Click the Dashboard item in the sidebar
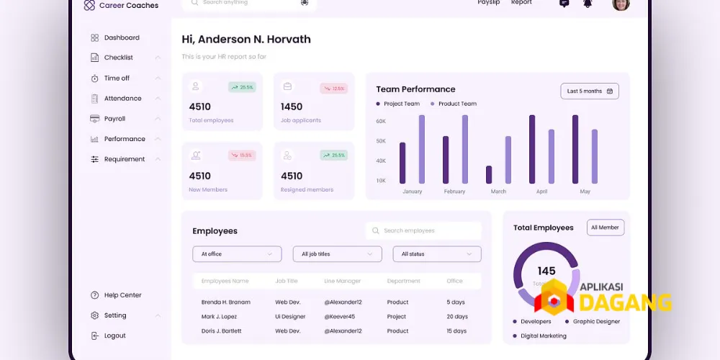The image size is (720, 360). pos(121,37)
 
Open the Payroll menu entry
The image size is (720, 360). pos(114,119)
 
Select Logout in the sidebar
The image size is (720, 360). pos(114,336)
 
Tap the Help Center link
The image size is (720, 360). pos(122,295)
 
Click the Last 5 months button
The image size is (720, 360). pos(589,91)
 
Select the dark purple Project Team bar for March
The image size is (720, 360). pos(489,174)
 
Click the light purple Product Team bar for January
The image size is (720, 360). pos(422,149)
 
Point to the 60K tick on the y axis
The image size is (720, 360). pos(381,121)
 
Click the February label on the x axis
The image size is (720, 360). pos(454,192)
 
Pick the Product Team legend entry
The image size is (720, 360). pos(456,104)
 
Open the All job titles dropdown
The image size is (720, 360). pos(337,254)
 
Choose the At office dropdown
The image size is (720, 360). pos(237,254)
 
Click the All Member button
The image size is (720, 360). pos(605,228)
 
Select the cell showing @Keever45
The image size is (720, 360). pos(339,317)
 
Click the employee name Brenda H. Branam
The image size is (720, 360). pos(225,302)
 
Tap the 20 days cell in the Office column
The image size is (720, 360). pos(457,317)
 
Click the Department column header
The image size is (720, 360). pos(403,281)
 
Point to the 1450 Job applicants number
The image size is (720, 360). pos(292,107)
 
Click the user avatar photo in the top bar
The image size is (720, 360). pos(621,4)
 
